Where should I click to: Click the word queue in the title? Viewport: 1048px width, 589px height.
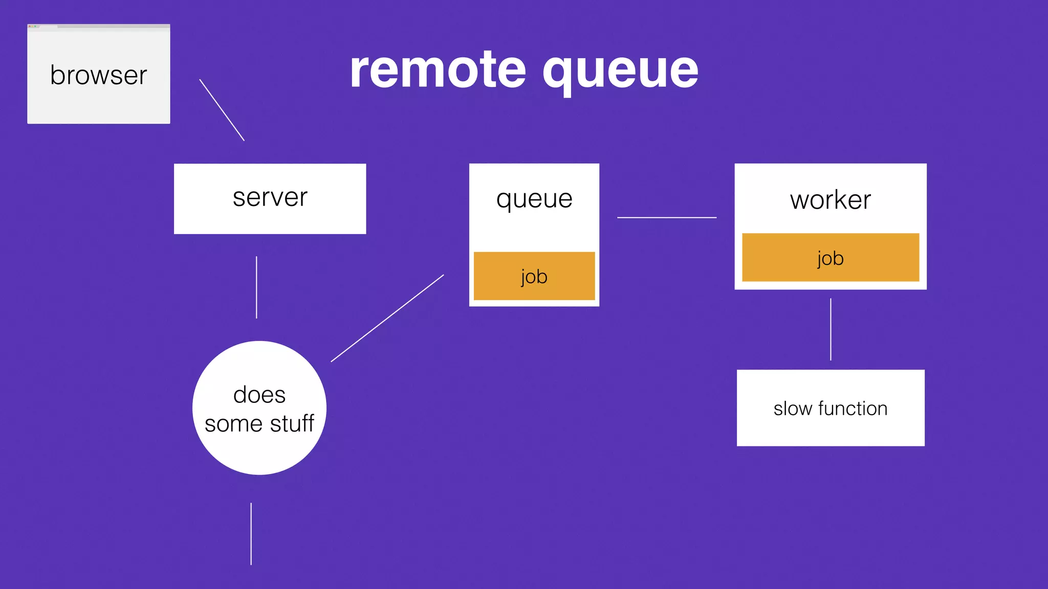tap(620, 72)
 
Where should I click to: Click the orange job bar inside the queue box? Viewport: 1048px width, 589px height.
tap(534, 276)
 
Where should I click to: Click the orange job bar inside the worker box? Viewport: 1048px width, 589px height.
tap(830, 258)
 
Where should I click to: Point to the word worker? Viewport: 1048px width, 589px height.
tap(830, 199)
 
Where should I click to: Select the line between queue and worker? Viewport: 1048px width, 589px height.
tap(666, 217)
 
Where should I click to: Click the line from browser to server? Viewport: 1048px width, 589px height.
tap(222, 109)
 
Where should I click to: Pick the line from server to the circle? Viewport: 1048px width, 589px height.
tap(256, 287)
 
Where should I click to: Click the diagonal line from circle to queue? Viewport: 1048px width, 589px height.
tap(387, 318)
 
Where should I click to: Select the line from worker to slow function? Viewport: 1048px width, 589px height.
tap(831, 329)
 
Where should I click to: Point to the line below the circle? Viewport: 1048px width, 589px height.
tap(251, 534)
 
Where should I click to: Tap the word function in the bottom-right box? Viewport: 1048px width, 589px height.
tap(853, 409)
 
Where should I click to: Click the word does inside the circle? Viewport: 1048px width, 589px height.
tap(259, 395)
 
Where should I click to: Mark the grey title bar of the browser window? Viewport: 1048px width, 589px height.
tap(98, 26)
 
